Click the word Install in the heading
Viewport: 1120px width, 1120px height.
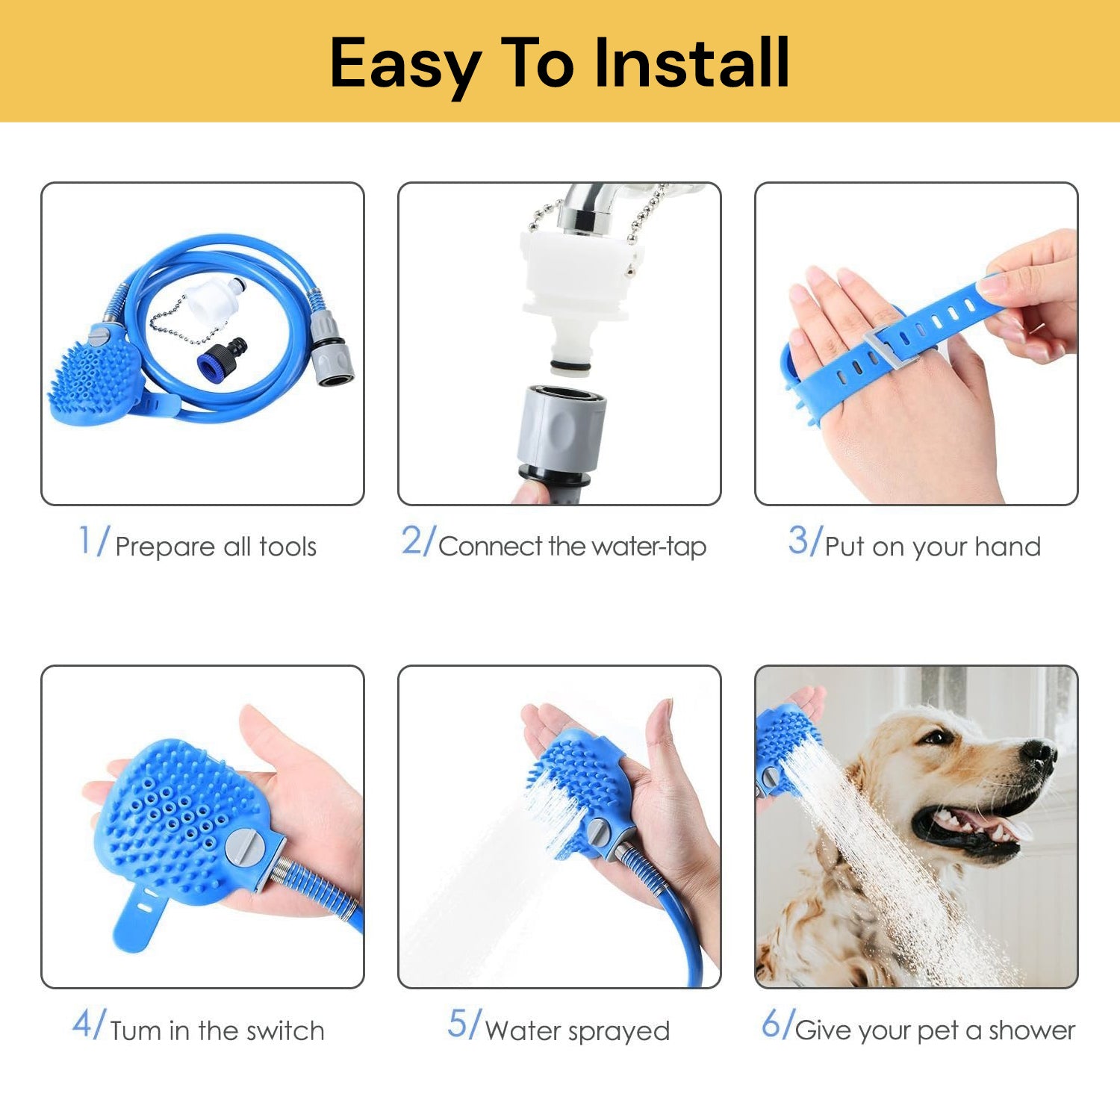[692, 63]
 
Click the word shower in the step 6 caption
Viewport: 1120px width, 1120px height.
[1032, 1030]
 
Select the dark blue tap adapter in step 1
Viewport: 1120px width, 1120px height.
[223, 356]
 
